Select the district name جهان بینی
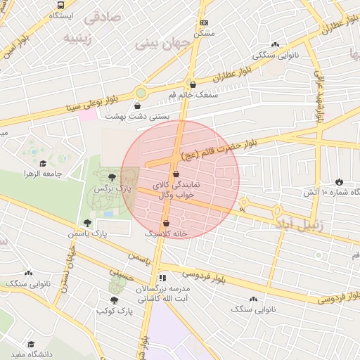(162, 43)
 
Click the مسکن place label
(204, 33)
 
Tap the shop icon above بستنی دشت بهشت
(146, 106)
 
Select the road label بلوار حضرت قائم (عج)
(218, 147)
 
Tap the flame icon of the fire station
(340, 181)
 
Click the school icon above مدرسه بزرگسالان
(162, 278)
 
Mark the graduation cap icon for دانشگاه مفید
(31, 344)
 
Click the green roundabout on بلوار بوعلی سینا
(141, 92)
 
